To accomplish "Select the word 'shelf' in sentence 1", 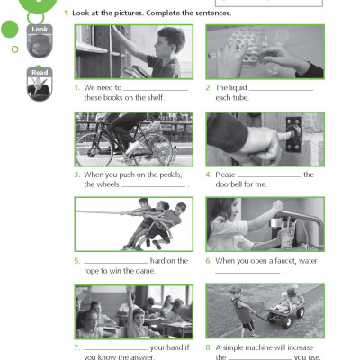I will (163, 98).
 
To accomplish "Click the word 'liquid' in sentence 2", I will (236, 87).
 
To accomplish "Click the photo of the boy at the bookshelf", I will (133, 52).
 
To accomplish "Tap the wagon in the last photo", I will (279, 317).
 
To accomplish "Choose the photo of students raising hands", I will (133, 311).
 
